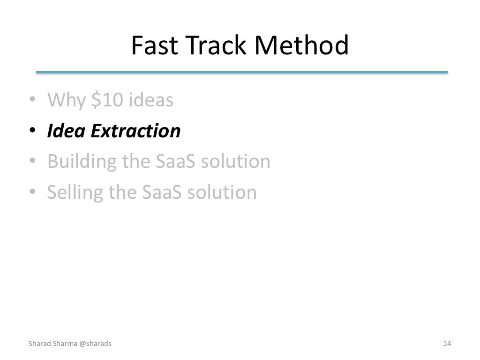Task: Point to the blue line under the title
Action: click(x=242, y=72)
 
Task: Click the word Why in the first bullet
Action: click(x=66, y=100)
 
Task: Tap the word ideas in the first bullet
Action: click(x=150, y=100)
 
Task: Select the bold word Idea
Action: click(x=66, y=131)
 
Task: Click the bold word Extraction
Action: click(x=135, y=131)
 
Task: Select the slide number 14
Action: click(x=447, y=344)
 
